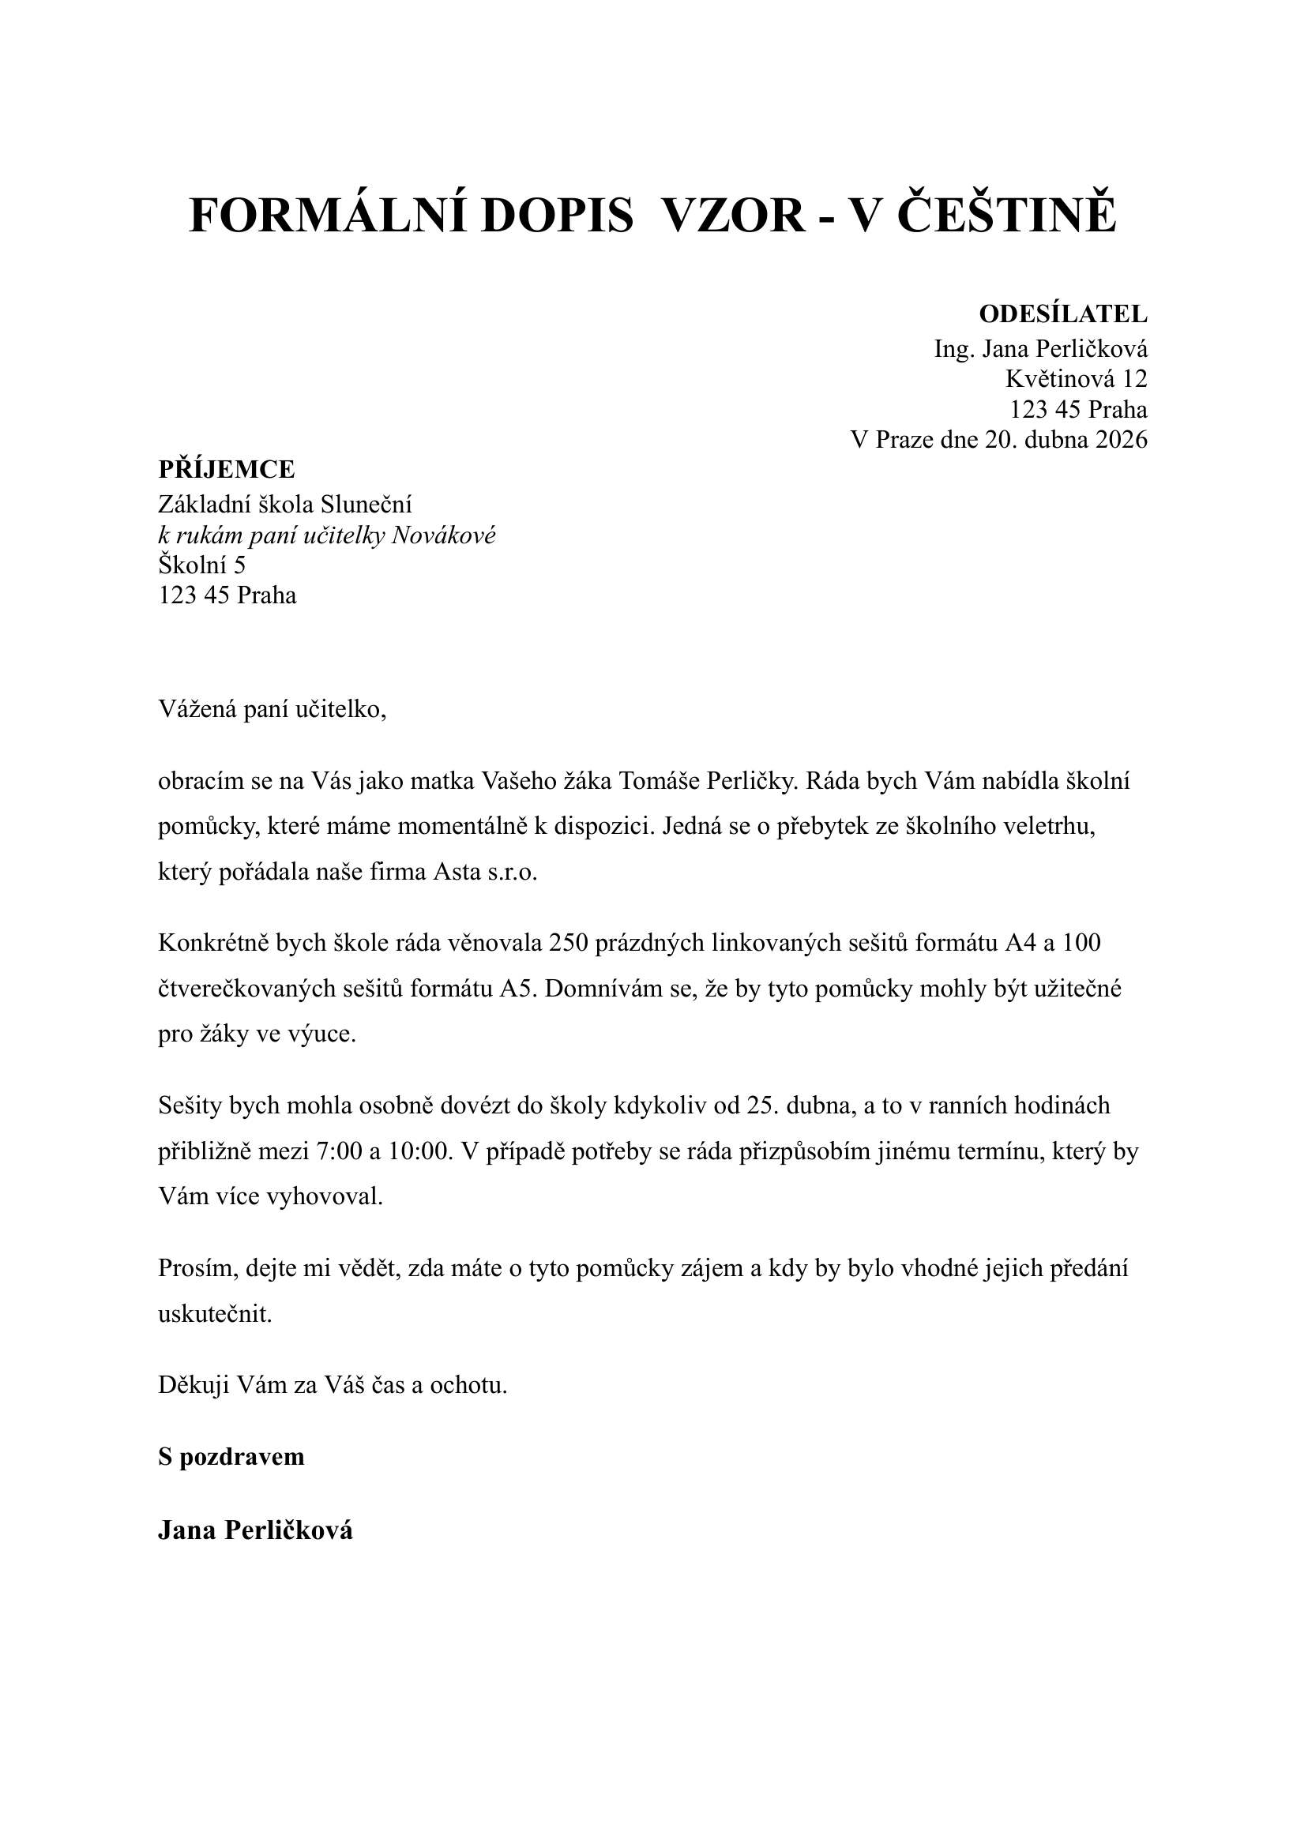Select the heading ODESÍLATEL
click(x=1062, y=314)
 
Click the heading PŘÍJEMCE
click(x=227, y=468)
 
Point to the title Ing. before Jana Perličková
click(x=951, y=350)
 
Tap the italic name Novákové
click(x=443, y=535)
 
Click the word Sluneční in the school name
click(x=366, y=505)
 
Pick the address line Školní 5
click(x=201, y=565)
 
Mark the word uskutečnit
click(x=215, y=1315)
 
